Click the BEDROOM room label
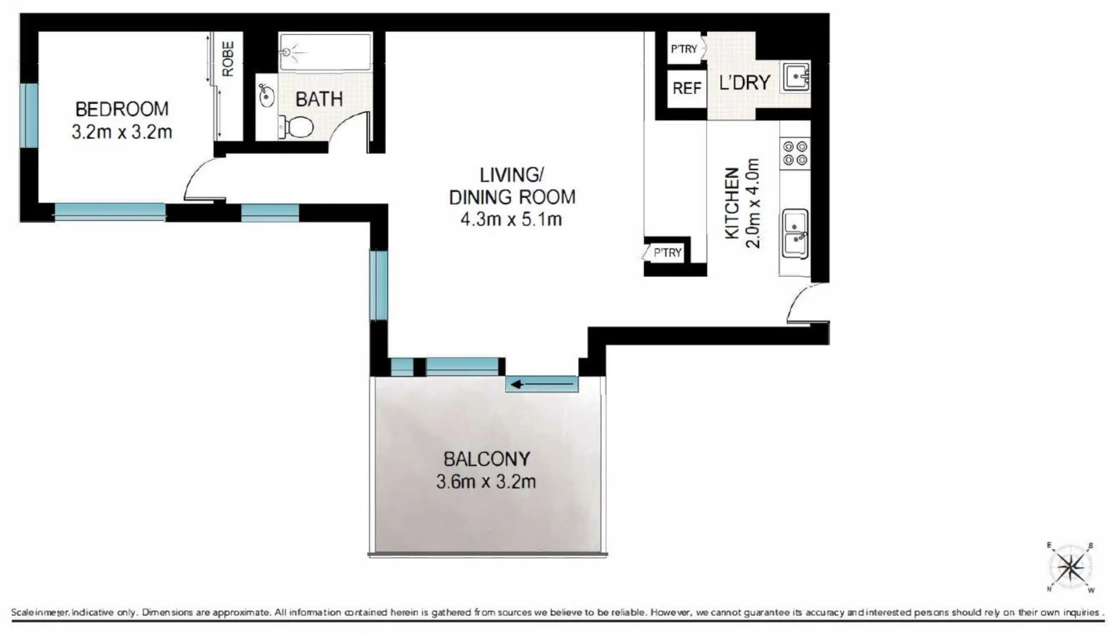(x=121, y=109)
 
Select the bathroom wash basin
(x=266, y=95)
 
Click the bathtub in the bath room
(x=325, y=52)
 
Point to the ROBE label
(x=228, y=59)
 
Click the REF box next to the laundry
(x=687, y=89)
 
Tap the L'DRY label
(x=744, y=83)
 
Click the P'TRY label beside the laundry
(x=684, y=49)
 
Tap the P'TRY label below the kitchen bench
(x=667, y=253)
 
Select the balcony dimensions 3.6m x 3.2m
(x=486, y=482)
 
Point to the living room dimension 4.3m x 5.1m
(x=511, y=220)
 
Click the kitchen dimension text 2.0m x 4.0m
(x=753, y=203)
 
